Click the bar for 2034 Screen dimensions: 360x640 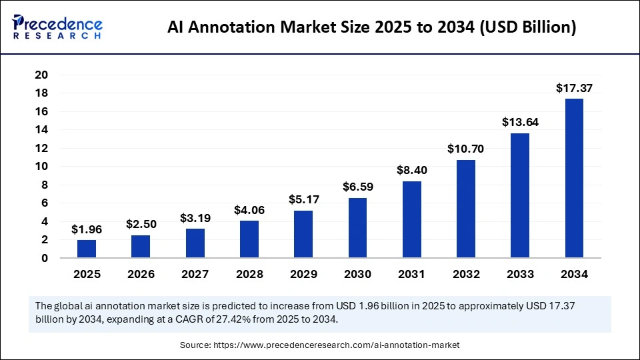point(574,178)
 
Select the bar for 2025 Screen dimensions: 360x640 point(87,249)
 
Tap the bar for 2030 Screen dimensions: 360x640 point(357,227)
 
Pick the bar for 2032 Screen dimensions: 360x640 point(466,209)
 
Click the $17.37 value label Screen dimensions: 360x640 point(574,87)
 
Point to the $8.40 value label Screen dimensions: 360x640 point(412,170)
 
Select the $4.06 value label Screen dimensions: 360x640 point(249,209)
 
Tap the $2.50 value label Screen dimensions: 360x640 point(141,224)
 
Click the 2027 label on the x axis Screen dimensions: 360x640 point(195,273)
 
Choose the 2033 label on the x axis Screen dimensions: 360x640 point(520,273)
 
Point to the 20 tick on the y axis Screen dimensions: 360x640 point(41,75)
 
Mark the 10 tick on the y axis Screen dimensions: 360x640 point(41,167)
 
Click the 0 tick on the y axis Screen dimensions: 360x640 point(44,258)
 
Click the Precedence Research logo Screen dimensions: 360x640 point(57,27)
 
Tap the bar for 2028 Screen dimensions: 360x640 point(249,239)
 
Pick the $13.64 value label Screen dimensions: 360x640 point(520,122)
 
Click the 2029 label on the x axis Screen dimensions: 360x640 point(303,273)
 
